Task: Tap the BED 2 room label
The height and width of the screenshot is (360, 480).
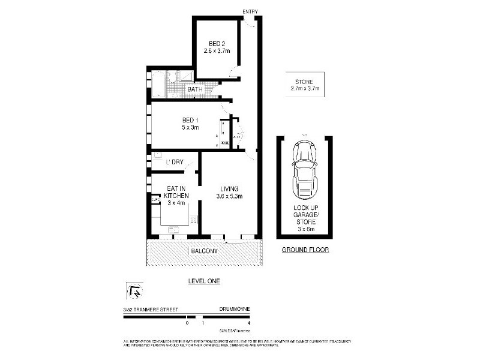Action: tap(217, 43)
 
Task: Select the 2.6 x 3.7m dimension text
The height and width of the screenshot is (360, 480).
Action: tap(217, 51)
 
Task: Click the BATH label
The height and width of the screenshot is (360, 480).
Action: tap(195, 90)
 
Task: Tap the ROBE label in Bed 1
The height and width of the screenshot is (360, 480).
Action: tap(224, 143)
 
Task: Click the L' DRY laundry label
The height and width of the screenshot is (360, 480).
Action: tap(175, 162)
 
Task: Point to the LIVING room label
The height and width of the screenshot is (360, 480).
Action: tap(229, 188)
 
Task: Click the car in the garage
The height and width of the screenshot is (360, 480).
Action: tap(305, 171)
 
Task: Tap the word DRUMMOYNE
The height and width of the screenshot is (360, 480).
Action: tap(235, 310)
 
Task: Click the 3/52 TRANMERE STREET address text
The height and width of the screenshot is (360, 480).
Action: tap(146, 310)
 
